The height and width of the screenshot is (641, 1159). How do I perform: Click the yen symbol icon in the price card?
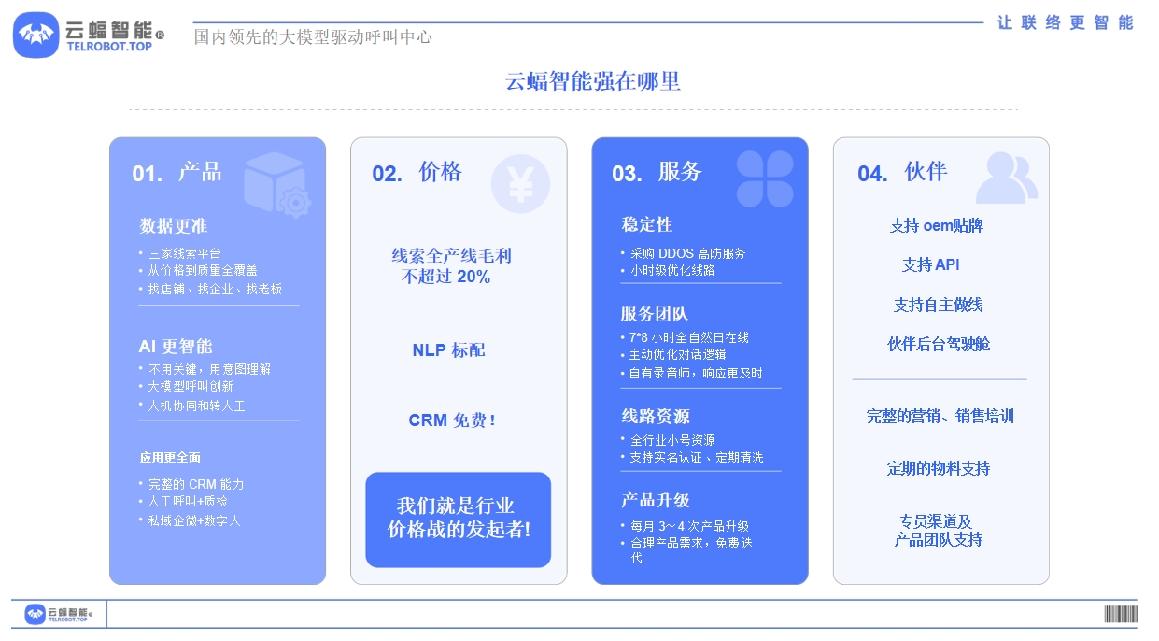520,184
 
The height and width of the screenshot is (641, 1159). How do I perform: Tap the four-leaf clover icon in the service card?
765,178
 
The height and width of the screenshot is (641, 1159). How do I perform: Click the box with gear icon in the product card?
277,184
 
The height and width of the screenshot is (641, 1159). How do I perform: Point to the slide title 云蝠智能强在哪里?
592,81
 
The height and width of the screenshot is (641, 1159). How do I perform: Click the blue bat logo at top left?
35,36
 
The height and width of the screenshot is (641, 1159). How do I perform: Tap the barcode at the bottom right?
1121,614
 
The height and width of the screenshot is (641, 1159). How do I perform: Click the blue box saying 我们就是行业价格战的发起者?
458,520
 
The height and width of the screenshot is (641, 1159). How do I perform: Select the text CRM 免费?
452,420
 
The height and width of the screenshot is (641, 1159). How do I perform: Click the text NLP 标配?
448,350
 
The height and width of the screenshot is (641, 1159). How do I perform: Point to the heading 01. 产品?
177,173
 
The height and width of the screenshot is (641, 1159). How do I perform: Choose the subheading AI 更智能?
176,347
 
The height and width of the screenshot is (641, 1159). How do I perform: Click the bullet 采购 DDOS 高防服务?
687,254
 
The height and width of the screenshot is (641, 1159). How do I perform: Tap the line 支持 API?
930,264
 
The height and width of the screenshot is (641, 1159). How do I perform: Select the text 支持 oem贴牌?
936,226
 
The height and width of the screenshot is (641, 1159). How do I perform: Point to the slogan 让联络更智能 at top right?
1066,22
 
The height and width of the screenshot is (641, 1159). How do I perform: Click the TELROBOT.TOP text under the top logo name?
109,47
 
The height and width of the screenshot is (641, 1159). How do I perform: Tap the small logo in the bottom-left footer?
59,614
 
